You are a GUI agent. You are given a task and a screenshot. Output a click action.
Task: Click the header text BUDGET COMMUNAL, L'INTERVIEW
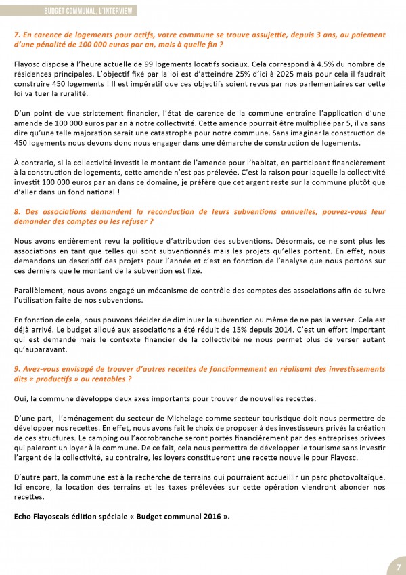click(89, 11)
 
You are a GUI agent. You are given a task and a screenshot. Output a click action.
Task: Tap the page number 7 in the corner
click(398, 566)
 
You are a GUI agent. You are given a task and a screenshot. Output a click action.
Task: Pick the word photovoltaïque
click(361, 477)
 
